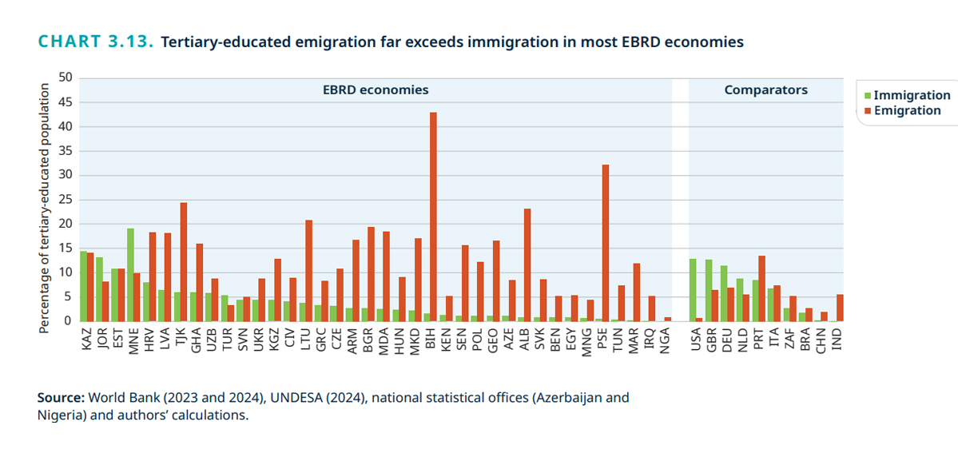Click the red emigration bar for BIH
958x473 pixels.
point(433,217)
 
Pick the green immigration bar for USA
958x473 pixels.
point(692,290)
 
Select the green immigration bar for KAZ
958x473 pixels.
point(83,286)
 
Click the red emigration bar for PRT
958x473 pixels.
point(761,288)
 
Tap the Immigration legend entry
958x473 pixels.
point(907,96)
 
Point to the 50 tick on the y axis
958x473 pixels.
point(66,78)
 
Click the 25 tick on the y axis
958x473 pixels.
point(66,200)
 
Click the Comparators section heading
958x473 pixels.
point(765,90)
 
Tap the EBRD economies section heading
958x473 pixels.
point(375,90)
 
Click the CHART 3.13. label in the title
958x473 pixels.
point(95,42)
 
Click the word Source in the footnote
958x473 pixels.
point(61,397)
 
